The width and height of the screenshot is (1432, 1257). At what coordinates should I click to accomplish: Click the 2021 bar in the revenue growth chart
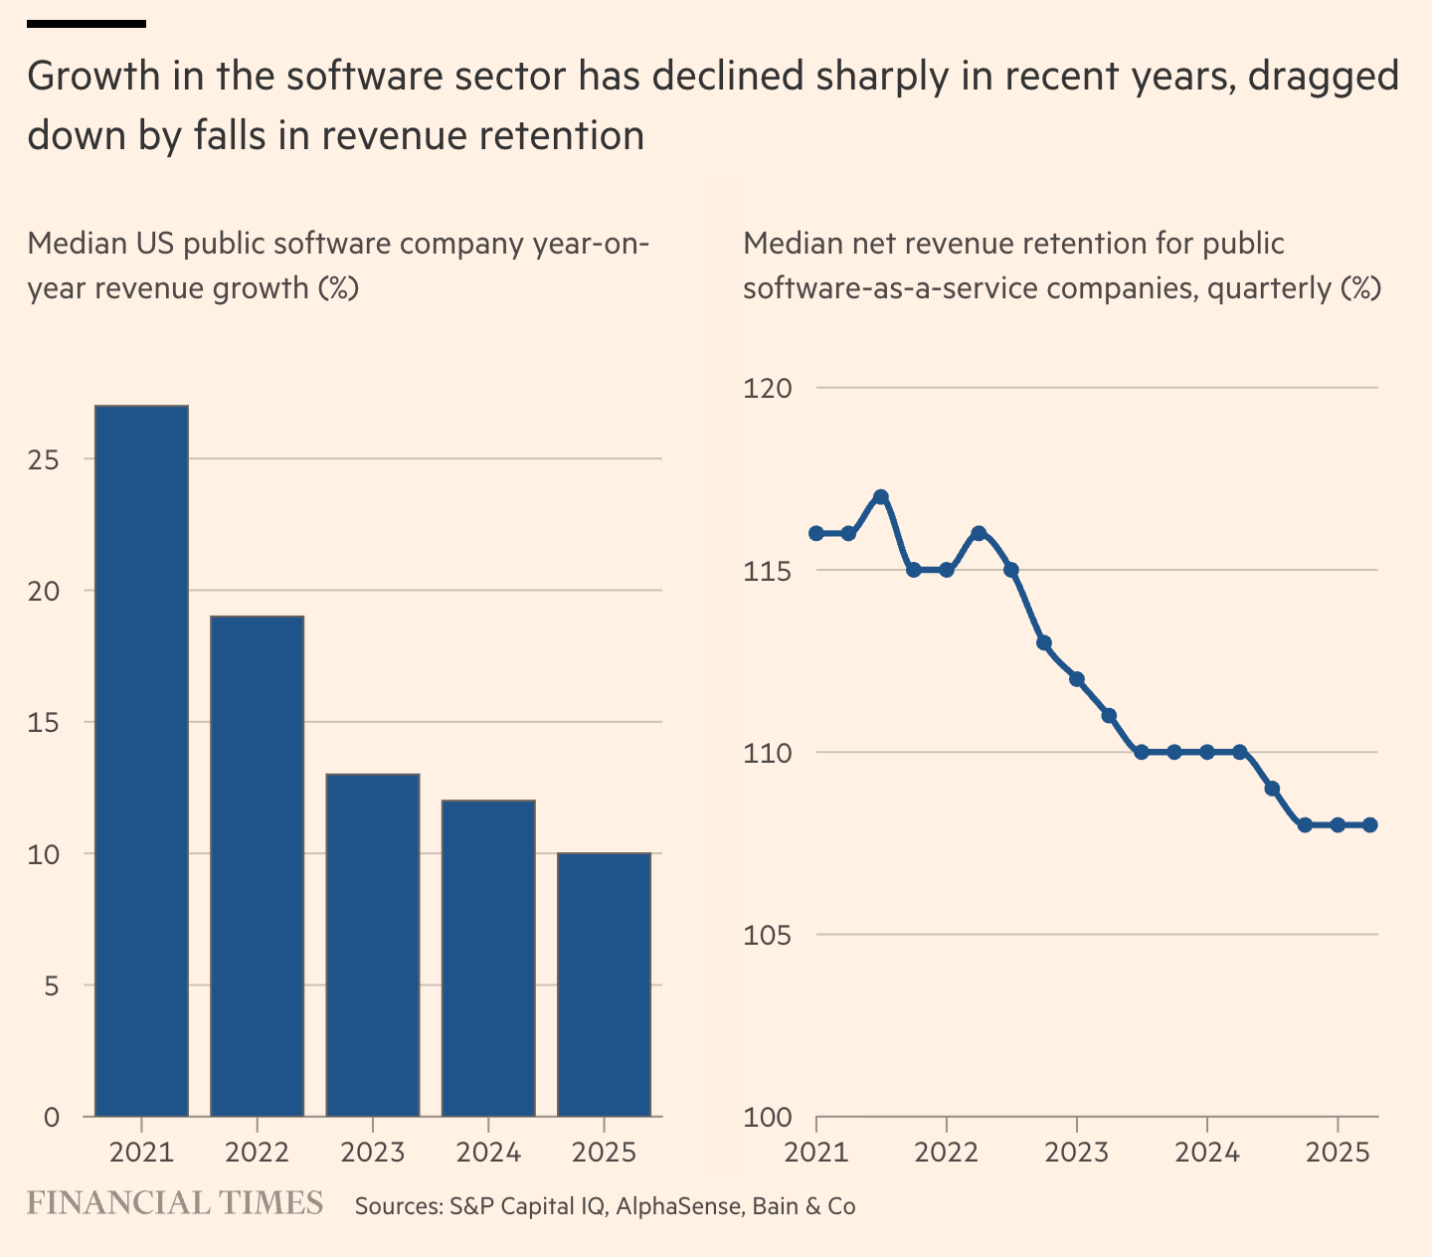[x=141, y=761]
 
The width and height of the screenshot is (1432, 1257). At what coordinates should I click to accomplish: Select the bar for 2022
[x=257, y=865]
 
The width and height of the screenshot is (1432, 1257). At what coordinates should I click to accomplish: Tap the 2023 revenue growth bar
[x=373, y=945]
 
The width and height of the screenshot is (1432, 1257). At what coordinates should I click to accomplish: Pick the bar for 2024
[x=488, y=958]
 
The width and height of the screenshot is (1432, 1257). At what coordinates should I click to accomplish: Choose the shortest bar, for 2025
[x=604, y=985]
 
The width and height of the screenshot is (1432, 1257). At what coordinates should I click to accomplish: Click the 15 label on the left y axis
[x=44, y=722]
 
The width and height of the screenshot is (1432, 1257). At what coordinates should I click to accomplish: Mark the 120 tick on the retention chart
[x=768, y=388]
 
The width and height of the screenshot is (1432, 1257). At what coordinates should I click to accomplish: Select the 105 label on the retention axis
[x=768, y=935]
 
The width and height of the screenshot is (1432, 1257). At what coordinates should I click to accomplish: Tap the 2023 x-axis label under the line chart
[x=1076, y=1153]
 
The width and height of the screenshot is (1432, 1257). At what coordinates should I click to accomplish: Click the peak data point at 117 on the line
[x=880, y=496]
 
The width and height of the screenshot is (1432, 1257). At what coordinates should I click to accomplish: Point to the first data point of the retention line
[x=816, y=533]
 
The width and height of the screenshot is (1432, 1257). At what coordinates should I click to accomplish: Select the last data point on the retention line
[x=1369, y=824]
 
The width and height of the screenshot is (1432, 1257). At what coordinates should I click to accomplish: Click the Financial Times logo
[x=175, y=1203]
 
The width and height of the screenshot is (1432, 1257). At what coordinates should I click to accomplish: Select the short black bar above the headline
[x=87, y=23]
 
